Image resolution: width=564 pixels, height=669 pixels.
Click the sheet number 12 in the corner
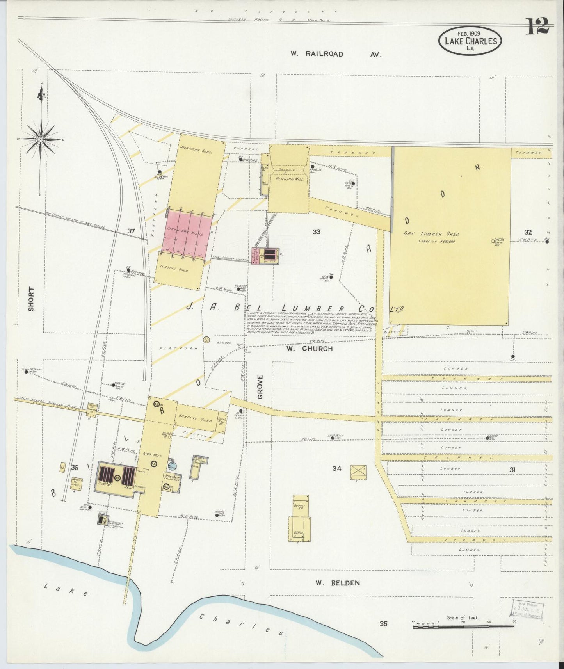(x=538, y=27)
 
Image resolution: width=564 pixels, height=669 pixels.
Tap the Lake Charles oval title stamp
(x=470, y=41)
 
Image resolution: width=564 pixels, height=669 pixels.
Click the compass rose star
(x=41, y=139)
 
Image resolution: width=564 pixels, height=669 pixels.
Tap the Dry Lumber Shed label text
(x=431, y=234)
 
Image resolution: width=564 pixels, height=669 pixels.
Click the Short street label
(x=31, y=299)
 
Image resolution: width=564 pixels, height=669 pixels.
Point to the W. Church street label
(x=310, y=349)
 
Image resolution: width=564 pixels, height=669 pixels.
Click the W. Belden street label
(x=337, y=583)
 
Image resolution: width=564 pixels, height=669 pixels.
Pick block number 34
(x=336, y=468)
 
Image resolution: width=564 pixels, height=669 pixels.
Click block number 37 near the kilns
(x=131, y=231)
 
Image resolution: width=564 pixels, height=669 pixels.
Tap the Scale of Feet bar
(x=463, y=626)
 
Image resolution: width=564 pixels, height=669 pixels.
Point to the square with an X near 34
(x=358, y=472)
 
